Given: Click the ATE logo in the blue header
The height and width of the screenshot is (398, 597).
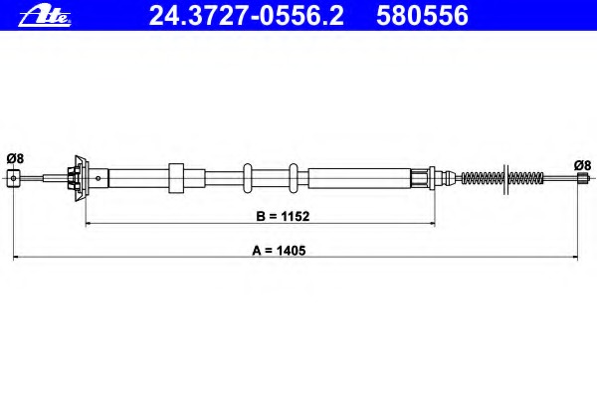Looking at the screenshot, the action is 45,17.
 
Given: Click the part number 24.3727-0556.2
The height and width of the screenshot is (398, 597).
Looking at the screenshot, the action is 247,16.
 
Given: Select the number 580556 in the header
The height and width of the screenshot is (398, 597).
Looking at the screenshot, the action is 422,16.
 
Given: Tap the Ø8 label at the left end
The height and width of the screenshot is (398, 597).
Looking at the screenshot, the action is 15,158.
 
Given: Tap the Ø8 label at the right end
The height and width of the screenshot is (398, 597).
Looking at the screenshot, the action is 582,165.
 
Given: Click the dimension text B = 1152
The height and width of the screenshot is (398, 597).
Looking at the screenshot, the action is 283,216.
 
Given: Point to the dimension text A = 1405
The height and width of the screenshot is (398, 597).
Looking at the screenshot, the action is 279,251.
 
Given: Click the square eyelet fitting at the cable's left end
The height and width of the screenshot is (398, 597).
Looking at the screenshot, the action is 13,178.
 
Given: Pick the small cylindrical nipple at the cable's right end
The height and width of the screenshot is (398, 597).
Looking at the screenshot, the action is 581,178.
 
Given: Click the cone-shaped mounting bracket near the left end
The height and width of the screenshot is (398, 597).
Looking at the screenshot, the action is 81,178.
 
